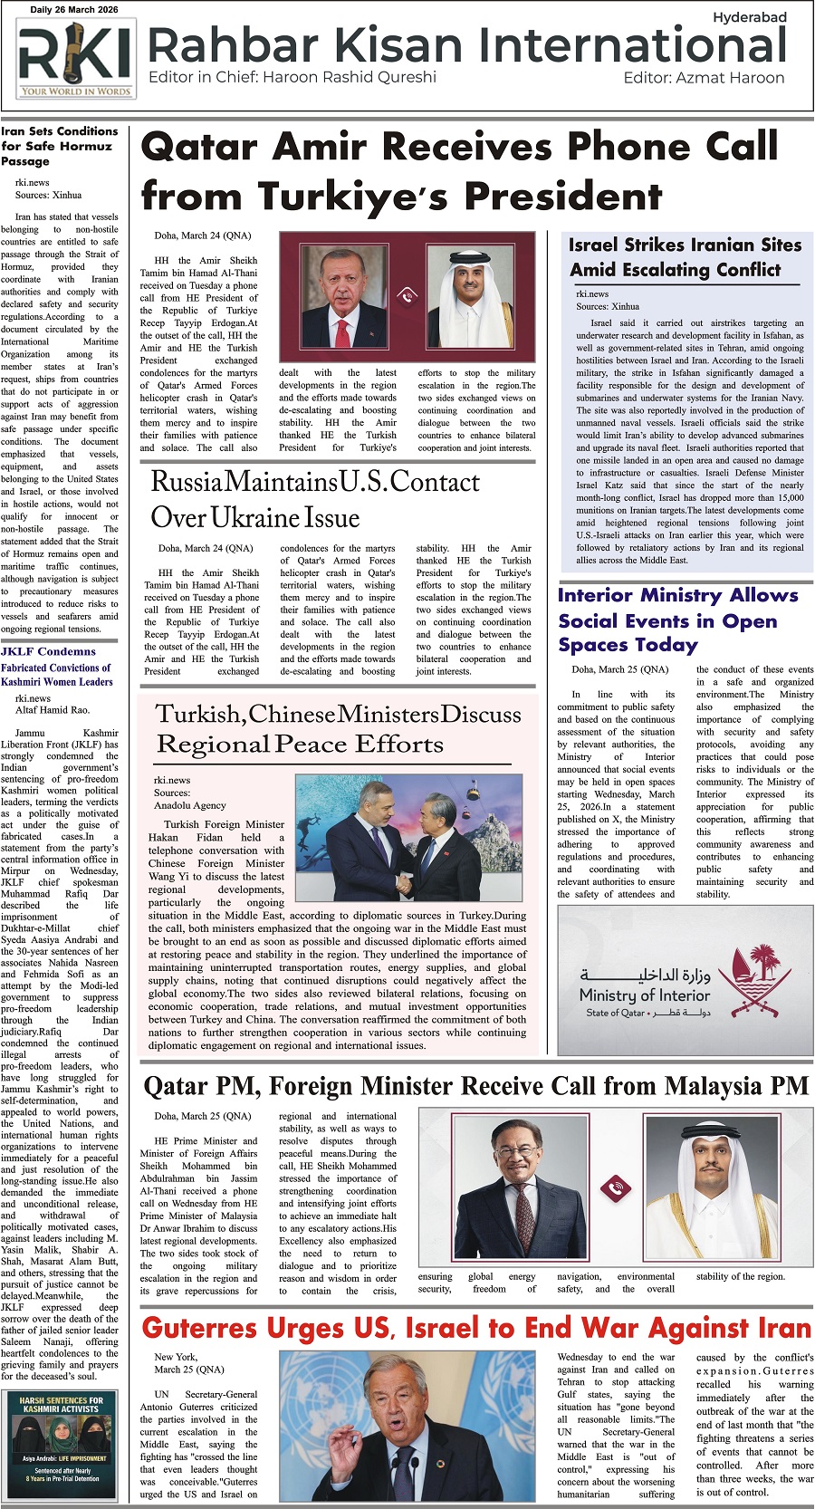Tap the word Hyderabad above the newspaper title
click(x=749, y=17)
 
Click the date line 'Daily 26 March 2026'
click(x=75, y=10)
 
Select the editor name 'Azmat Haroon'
click(x=730, y=78)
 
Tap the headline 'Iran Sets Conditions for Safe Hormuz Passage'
click(x=59, y=146)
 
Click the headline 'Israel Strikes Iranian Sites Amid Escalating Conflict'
click(x=684, y=257)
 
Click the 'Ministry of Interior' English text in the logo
click(x=644, y=995)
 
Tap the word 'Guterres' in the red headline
click(x=198, y=1329)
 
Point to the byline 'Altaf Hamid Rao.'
click(x=53, y=710)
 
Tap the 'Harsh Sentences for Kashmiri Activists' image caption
click(x=61, y=1405)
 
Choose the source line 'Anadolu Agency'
click(x=189, y=804)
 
